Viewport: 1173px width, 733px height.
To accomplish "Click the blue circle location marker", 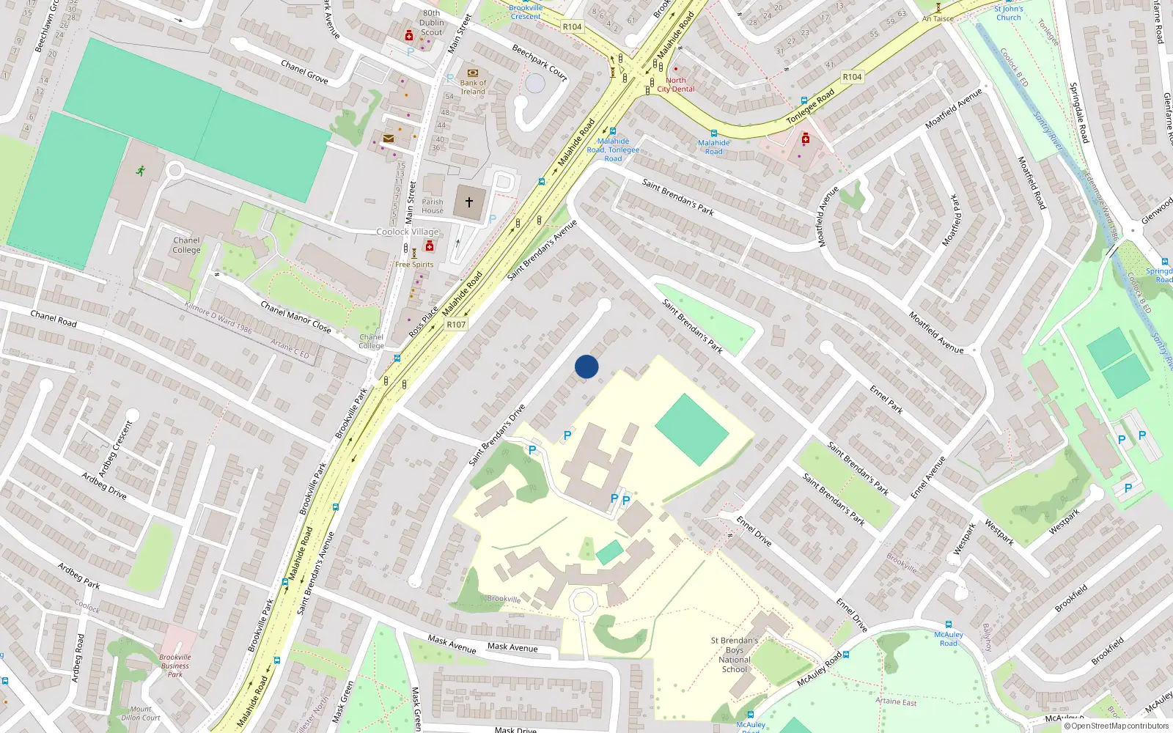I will [x=586, y=366].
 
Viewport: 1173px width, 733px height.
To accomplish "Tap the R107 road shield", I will [x=456, y=324].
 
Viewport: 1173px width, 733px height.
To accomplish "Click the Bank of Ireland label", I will [x=473, y=87].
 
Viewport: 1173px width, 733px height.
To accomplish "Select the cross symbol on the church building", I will [x=469, y=202].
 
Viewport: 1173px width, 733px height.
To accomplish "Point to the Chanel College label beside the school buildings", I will [x=186, y=245].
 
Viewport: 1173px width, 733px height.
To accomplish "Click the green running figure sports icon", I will [x=140, y=171].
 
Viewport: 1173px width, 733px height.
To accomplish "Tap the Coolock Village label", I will [x=408, y=232].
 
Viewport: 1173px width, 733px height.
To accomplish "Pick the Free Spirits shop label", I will [x=414, y=265].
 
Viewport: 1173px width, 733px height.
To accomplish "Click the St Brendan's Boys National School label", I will [x=734, y=655].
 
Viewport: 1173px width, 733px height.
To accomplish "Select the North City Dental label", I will [x=676, y=84].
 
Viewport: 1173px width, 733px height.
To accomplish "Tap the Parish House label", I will [x=433, y=206].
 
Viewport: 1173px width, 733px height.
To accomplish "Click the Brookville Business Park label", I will [x=175, y=666].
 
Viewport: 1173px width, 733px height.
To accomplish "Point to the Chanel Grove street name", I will [x=304, y=71].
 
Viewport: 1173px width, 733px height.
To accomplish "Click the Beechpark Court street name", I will [x=540, y=62].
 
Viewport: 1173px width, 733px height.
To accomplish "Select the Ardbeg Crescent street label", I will [x=116, y=443].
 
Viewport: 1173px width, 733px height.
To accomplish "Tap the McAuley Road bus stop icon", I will [x=949, y=625].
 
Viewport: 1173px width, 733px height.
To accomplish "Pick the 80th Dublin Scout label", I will [x=432, y=23].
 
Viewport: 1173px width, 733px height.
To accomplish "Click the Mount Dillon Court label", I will [x=141, y=713].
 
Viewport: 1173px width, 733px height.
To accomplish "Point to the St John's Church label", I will [x=1008, y=13].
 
